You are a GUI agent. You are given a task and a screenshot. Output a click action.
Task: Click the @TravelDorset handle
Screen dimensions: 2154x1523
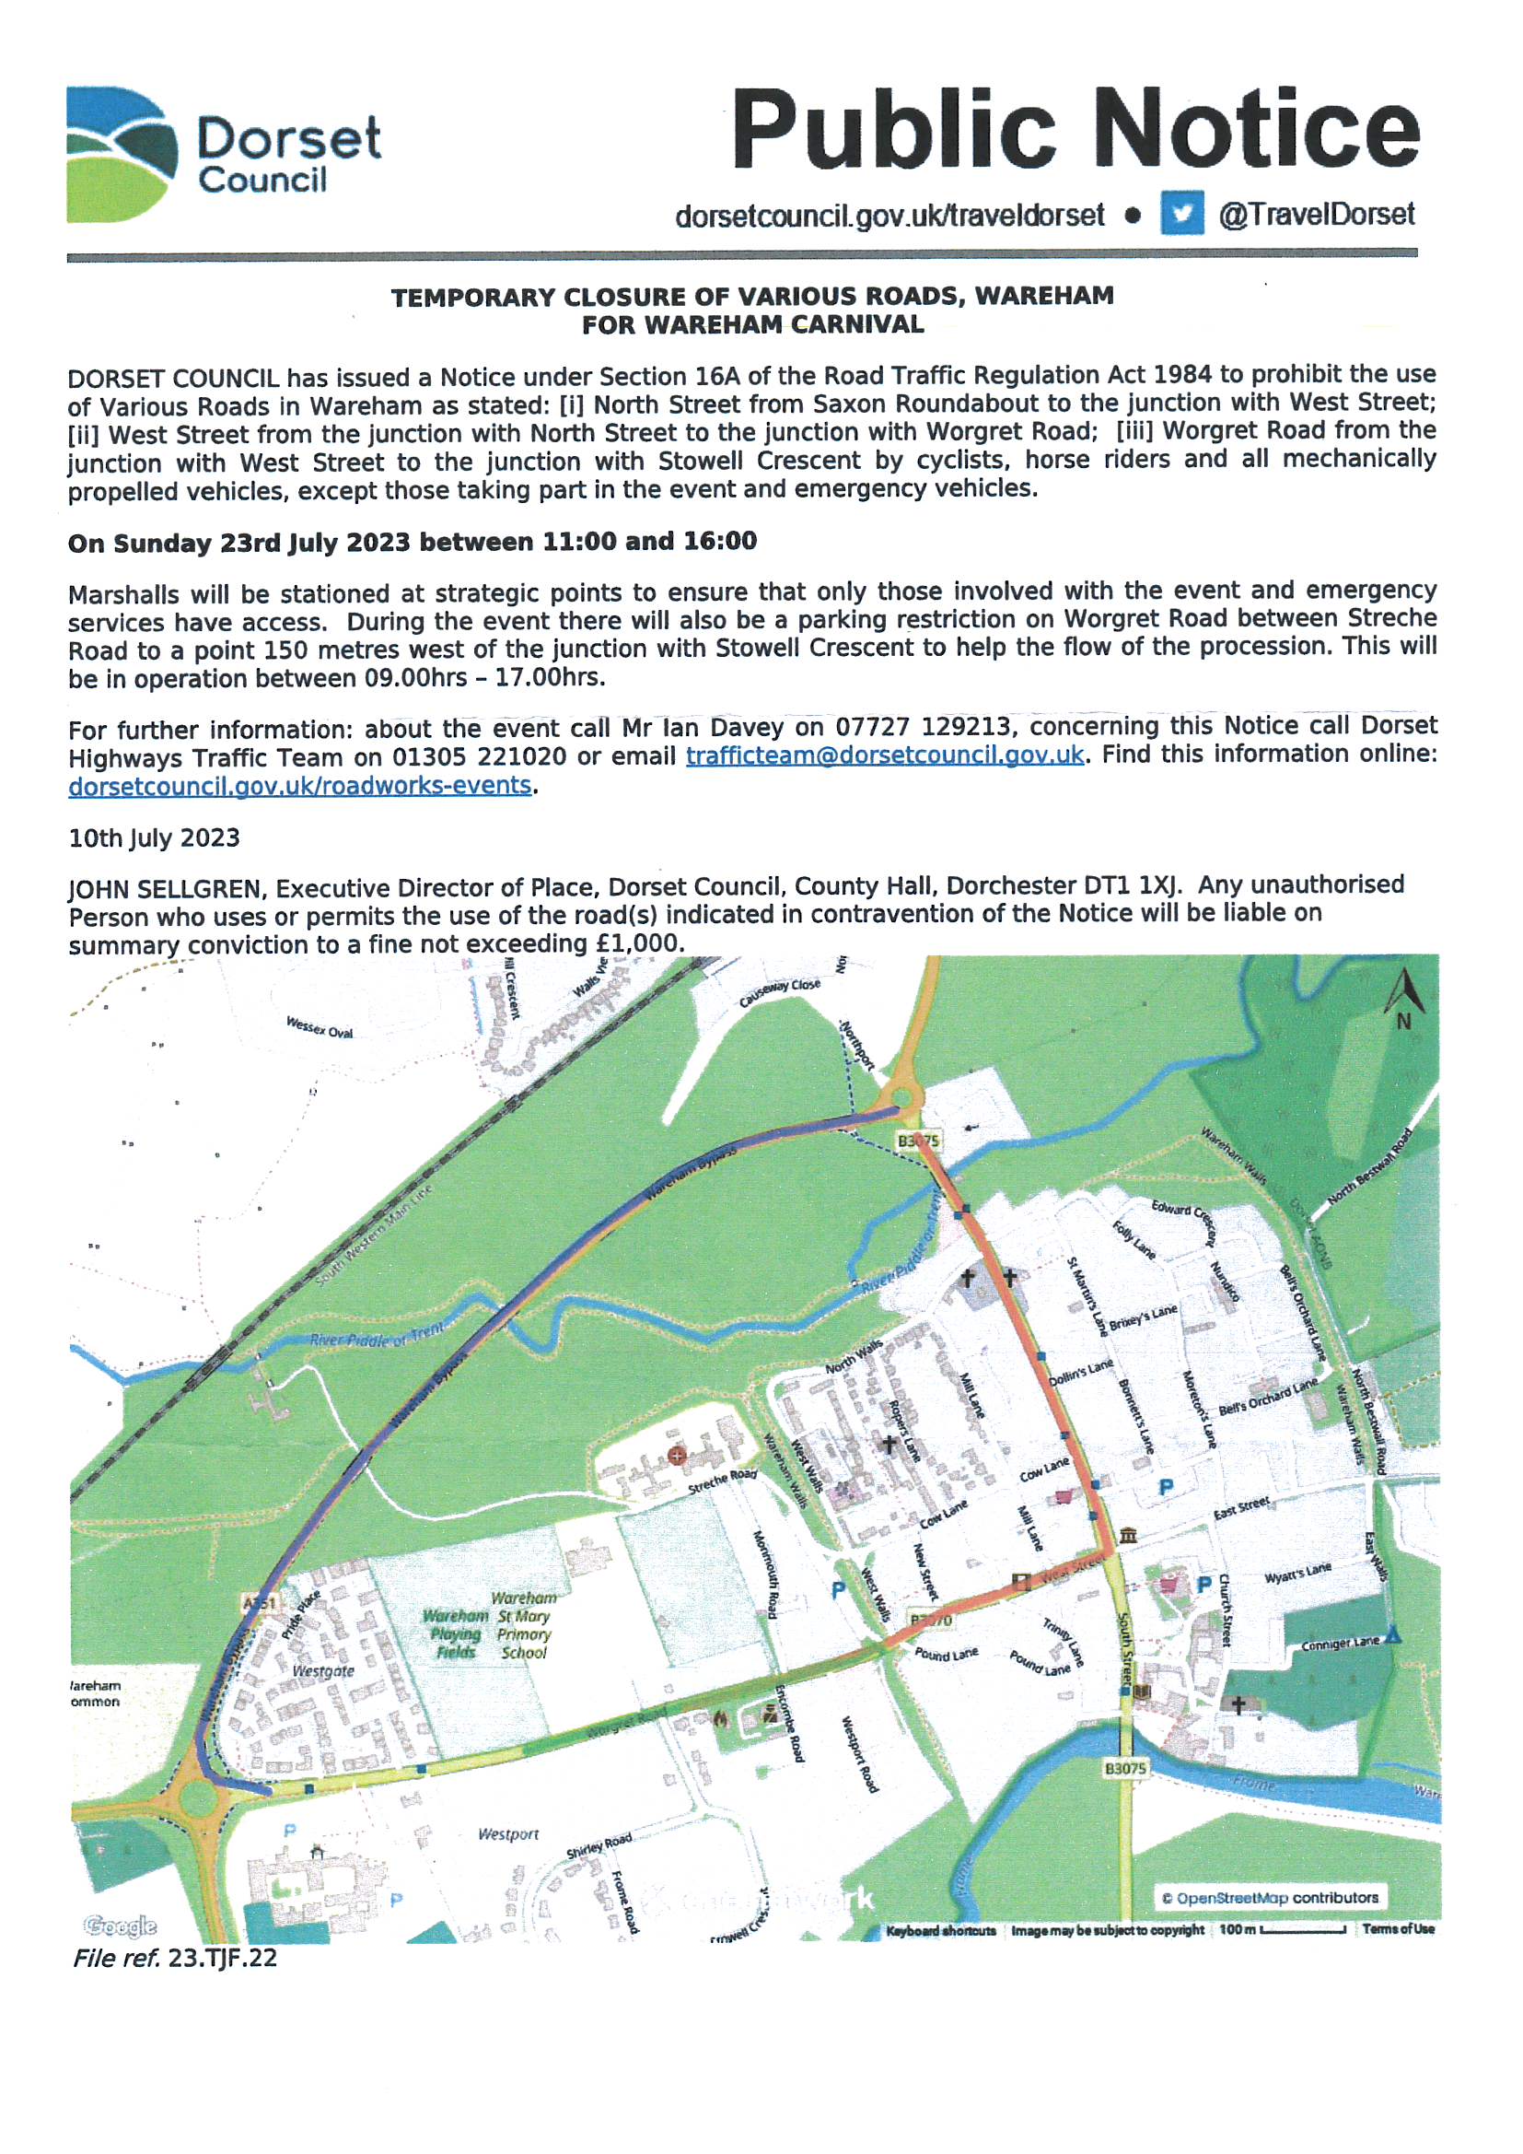(x=1316, y=214)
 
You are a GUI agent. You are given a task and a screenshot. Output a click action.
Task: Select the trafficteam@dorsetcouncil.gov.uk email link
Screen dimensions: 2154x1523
(x=884, y=755)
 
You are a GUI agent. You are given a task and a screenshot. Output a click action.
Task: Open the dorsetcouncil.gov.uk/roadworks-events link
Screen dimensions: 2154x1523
(x=300, y=785)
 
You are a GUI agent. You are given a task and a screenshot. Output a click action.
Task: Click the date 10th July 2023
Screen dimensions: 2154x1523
(x=154, y=837)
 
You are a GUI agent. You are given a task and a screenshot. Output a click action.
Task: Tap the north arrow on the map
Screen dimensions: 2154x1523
(x=1404, y=996)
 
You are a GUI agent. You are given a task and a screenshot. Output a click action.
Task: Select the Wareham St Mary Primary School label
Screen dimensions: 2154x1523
(x=524, y=1625)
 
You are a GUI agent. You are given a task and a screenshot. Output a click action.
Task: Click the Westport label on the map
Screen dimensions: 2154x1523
(x=508, y=1833)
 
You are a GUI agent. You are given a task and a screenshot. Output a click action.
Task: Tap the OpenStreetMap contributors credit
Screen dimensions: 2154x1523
(x=1270, y=1897)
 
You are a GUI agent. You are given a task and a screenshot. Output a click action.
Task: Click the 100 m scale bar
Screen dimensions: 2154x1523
(x=1302, y=1930)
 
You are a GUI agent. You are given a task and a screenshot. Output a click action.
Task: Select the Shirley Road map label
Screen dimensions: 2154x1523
(x=599, y=1846)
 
